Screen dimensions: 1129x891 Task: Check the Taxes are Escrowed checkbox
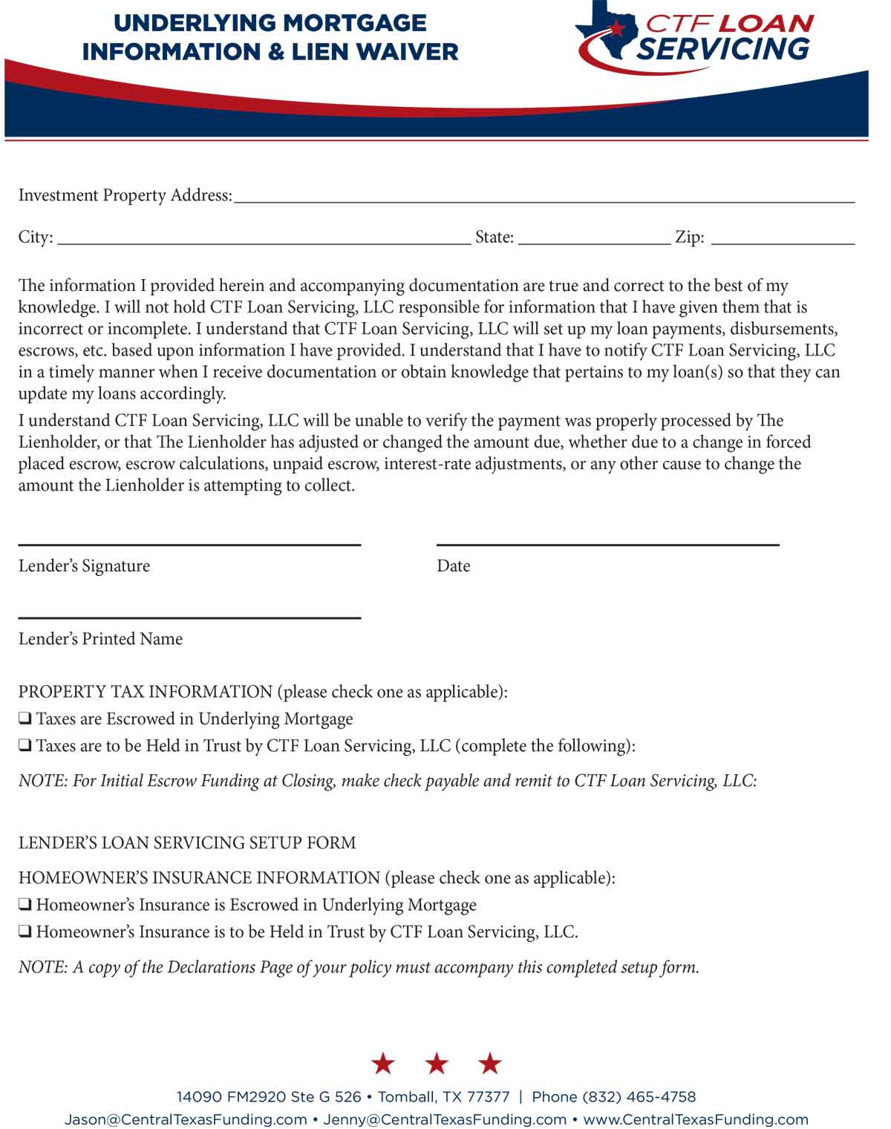[25, 719]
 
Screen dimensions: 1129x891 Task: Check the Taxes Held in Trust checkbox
[25, 746]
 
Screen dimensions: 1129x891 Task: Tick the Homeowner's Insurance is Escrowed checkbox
[25, 905]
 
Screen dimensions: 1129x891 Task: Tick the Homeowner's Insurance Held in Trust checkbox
[25, 932]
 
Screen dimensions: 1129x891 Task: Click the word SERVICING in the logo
[722, 49]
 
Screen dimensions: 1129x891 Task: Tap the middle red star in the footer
[437, 1063]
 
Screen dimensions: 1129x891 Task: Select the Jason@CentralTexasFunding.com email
[186, 1119]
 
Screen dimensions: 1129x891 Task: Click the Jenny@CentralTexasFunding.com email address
[444, 1119]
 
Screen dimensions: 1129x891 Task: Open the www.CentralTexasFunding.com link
[696, 1119]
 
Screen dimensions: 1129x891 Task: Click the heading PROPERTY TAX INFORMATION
[146, 692]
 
